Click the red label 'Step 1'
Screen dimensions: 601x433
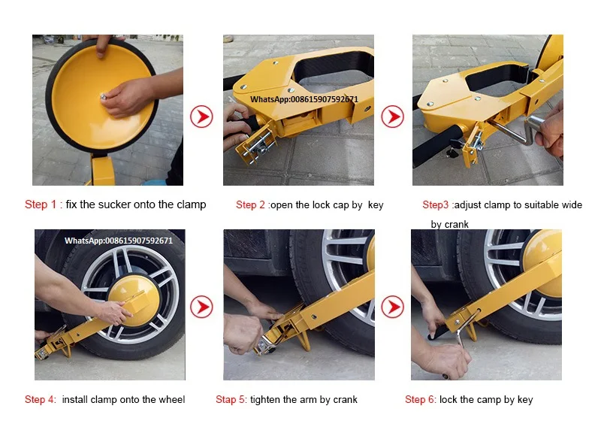coord(41,204)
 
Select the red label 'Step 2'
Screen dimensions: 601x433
coord(250,204)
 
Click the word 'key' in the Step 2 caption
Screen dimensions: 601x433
coord(376,205)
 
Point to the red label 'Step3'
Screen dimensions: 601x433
coord(436,204)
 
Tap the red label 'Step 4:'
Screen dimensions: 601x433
coord(41,400)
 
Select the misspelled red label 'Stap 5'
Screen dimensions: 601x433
coord(231,400)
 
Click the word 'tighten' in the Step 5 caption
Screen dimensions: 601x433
coord(265,400)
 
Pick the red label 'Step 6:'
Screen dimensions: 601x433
coord(421,400)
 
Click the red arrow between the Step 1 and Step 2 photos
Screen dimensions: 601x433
coord(201,117)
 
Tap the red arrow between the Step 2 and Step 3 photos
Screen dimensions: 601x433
coord(392,117)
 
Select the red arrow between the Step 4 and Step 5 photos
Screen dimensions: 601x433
coord(201,307)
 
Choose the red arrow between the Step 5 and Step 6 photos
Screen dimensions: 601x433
coord(392,307)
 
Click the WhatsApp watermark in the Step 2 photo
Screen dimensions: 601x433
coord(304,99)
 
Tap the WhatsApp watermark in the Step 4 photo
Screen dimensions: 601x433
coord(119,241)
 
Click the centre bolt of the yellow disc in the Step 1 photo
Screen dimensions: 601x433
coord(103,97)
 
